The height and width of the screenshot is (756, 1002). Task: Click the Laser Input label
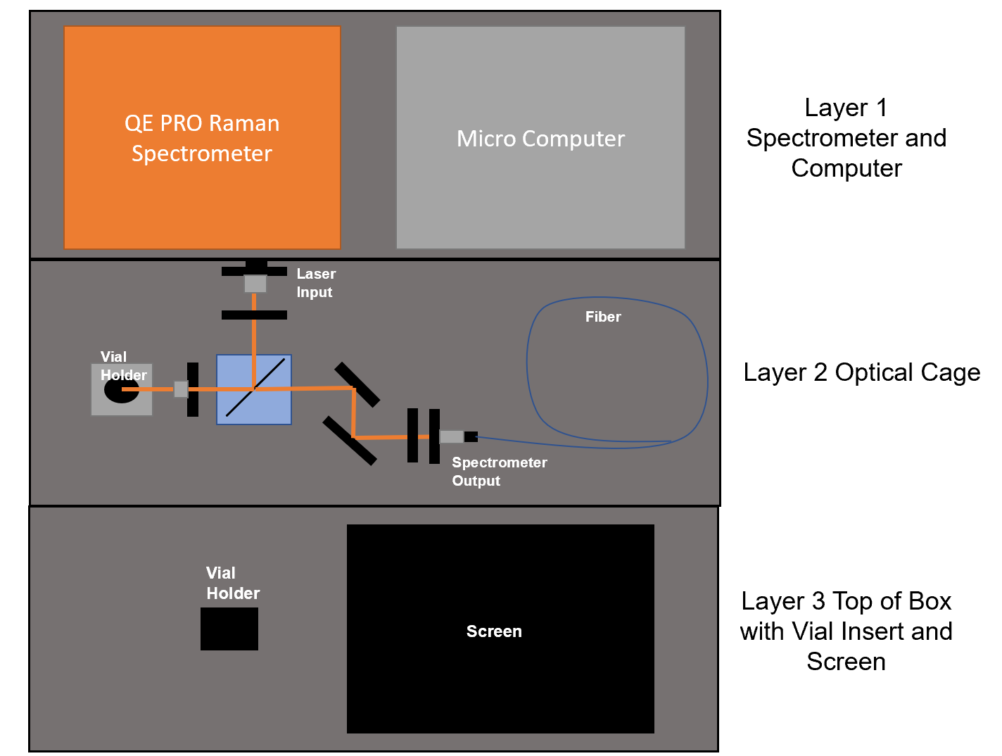point(315,283)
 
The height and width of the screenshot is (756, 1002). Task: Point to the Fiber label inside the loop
point(603,317)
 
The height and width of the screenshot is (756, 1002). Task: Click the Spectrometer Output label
point(499,472)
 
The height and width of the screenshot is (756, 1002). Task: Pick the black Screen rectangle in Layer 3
point(500,676)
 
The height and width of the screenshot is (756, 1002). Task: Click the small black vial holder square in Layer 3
point(229,629)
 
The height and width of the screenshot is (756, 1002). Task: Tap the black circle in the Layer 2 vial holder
point(121,391)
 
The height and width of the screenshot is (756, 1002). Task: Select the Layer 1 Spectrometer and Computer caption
point(846,138)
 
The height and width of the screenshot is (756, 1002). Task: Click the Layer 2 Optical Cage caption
point(861,372)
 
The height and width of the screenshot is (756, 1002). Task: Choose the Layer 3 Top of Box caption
point(846,631)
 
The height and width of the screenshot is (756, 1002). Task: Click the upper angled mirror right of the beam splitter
point(357,384)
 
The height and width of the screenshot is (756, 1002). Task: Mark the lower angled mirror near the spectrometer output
point(350,441)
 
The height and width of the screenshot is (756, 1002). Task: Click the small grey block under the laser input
point(255,284)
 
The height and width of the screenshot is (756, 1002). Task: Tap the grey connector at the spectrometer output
point(452,436)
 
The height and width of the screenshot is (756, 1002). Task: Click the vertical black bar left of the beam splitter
point(193,389)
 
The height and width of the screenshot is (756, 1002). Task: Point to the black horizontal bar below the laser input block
point(254,315)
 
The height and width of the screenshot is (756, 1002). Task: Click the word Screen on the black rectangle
point(494,631)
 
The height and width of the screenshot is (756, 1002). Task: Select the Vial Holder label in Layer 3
point(232,583)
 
